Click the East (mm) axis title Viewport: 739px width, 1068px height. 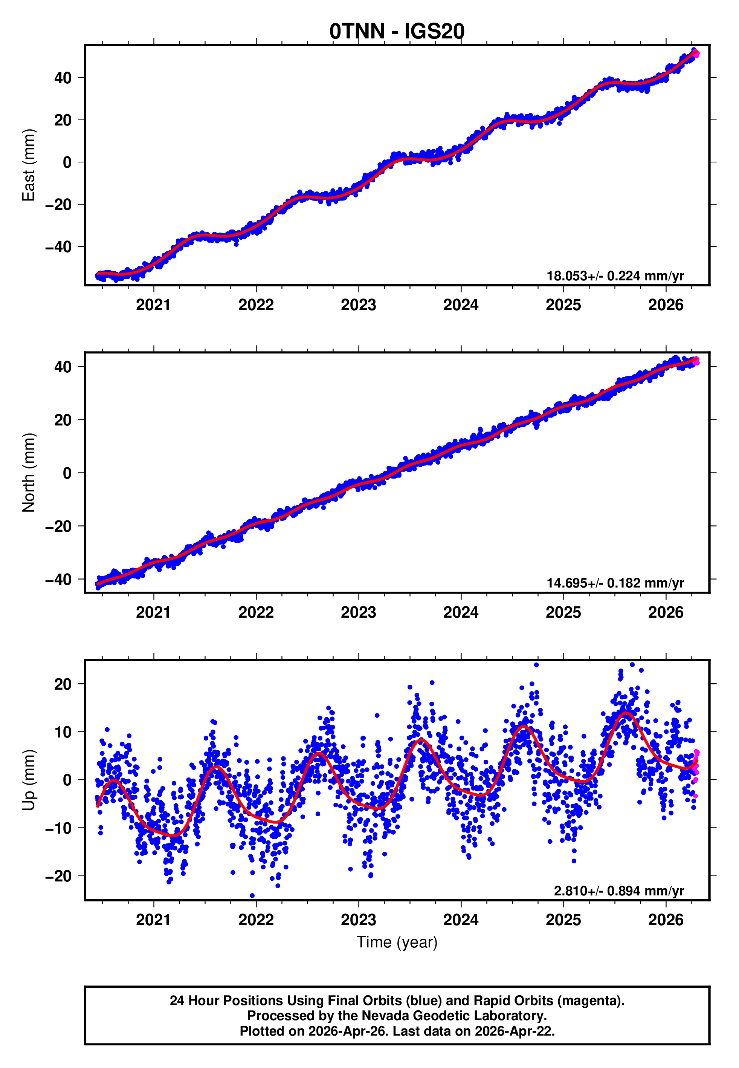click(28, 165)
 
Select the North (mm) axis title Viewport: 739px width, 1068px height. click(28, 473)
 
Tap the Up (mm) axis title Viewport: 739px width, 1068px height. click(28, 780)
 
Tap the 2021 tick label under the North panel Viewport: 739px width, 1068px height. click(153, 613)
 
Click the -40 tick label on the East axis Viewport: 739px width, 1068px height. click(58, 247)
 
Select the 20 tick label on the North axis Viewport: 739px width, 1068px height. click(63, 420)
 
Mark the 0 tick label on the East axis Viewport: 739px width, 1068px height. click(67, 162)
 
